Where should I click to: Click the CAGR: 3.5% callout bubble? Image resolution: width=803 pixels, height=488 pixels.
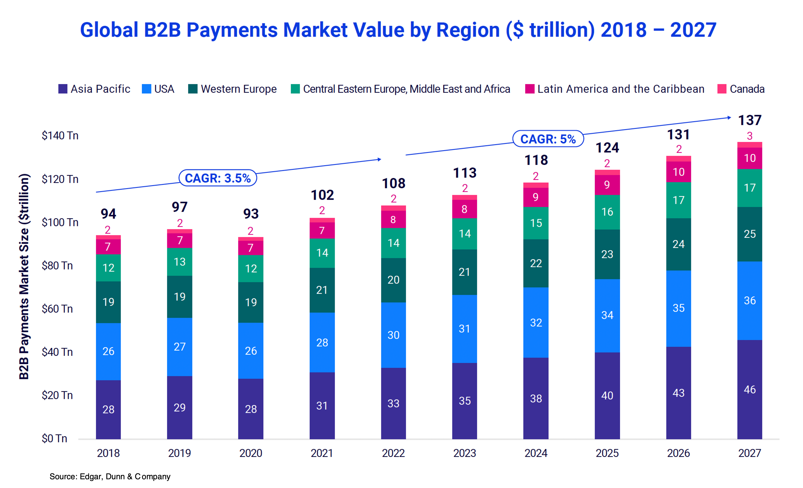point(218,178)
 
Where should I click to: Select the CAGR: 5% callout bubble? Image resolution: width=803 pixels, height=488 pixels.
point(548,139)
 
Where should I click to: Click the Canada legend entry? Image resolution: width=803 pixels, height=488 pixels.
point(741,89)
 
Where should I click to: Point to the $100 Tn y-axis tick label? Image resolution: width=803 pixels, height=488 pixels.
point(60,222)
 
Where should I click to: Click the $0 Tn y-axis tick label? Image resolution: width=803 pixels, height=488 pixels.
point(54,438)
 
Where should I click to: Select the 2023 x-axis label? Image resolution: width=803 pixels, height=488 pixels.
point(464,453)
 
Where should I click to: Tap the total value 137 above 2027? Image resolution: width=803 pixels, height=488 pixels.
point(749,120)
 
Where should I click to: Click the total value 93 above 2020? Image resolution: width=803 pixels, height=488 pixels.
point(251,214)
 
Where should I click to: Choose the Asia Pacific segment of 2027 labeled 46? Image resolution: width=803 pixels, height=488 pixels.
point(749,389)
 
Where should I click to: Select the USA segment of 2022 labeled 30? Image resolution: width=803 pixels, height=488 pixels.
point(393,335)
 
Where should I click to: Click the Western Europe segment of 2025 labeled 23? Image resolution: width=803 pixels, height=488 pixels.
point(607,254)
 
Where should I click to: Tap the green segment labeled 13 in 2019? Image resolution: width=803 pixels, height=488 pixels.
point(180,262)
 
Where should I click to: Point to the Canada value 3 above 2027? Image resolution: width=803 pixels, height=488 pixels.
point(749,136)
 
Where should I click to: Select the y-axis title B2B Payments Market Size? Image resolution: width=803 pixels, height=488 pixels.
point(24,277)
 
